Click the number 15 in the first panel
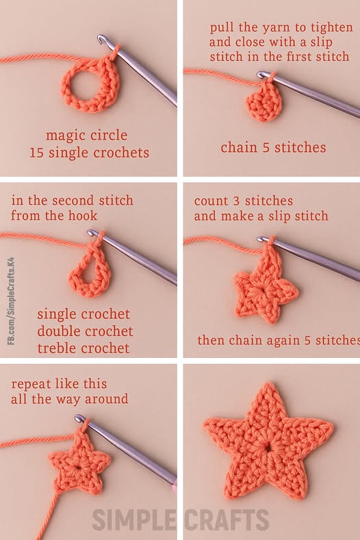click(37, 153)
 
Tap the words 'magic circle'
click(86, 135)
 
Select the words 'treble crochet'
click(83, 348)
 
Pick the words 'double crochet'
click(85, 331)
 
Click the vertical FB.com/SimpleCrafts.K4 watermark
click(11, 300)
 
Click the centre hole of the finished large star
click(268, 449)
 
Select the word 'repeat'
click(31, 385)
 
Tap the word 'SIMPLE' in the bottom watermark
click(134, 519)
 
